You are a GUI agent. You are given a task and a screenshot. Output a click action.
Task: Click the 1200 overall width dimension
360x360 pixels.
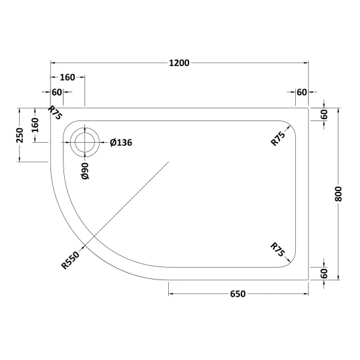[179, 63]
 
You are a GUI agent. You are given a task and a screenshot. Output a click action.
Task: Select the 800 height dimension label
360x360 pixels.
[338, 194]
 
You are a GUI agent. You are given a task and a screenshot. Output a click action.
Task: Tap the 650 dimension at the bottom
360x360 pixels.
[238, 294]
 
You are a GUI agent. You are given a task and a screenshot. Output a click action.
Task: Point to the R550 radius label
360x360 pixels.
[70, 260]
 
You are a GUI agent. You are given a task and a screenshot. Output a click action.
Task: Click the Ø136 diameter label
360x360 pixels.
[121, 143]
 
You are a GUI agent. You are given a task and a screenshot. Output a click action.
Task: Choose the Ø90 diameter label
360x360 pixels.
[84, 171]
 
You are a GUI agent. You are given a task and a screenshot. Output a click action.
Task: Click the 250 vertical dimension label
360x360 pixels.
[20, 135]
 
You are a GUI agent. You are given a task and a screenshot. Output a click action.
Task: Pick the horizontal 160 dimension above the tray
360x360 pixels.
[67, 77]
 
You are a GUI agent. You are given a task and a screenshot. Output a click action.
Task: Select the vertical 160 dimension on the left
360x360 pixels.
[35, 125]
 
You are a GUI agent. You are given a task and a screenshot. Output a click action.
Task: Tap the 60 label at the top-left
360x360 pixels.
[57, 92]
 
